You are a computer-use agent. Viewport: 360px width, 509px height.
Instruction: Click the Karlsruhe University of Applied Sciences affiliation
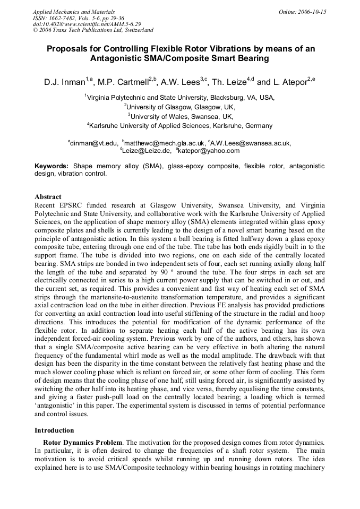[x=181, y=126]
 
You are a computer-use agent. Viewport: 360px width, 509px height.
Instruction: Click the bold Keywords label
[x=52, y=166]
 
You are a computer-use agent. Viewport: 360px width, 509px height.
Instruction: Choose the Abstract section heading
[x=48, y=197]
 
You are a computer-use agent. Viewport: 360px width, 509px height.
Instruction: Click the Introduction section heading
[x=54, y=430]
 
